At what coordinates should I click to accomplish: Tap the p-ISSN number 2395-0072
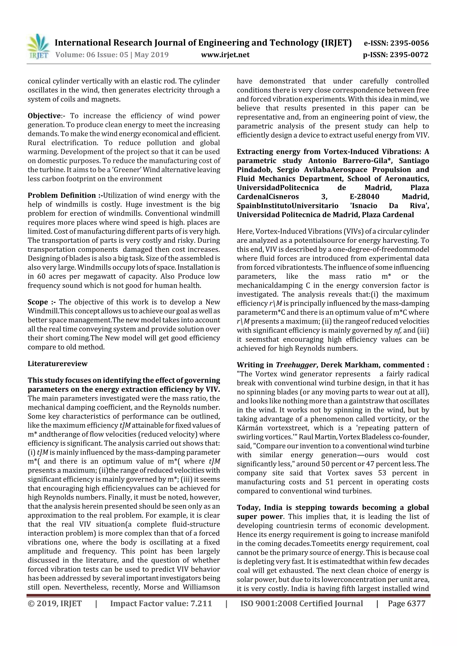(409, 55)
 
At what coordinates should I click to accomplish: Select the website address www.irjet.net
(225, 55)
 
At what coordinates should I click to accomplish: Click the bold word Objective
(44, 116)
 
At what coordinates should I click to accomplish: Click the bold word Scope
(38, 302)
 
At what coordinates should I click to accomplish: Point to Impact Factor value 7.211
(161, 603)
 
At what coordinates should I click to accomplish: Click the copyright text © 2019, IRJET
(55, 603)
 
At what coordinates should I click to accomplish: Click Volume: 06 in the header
(75, 55)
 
